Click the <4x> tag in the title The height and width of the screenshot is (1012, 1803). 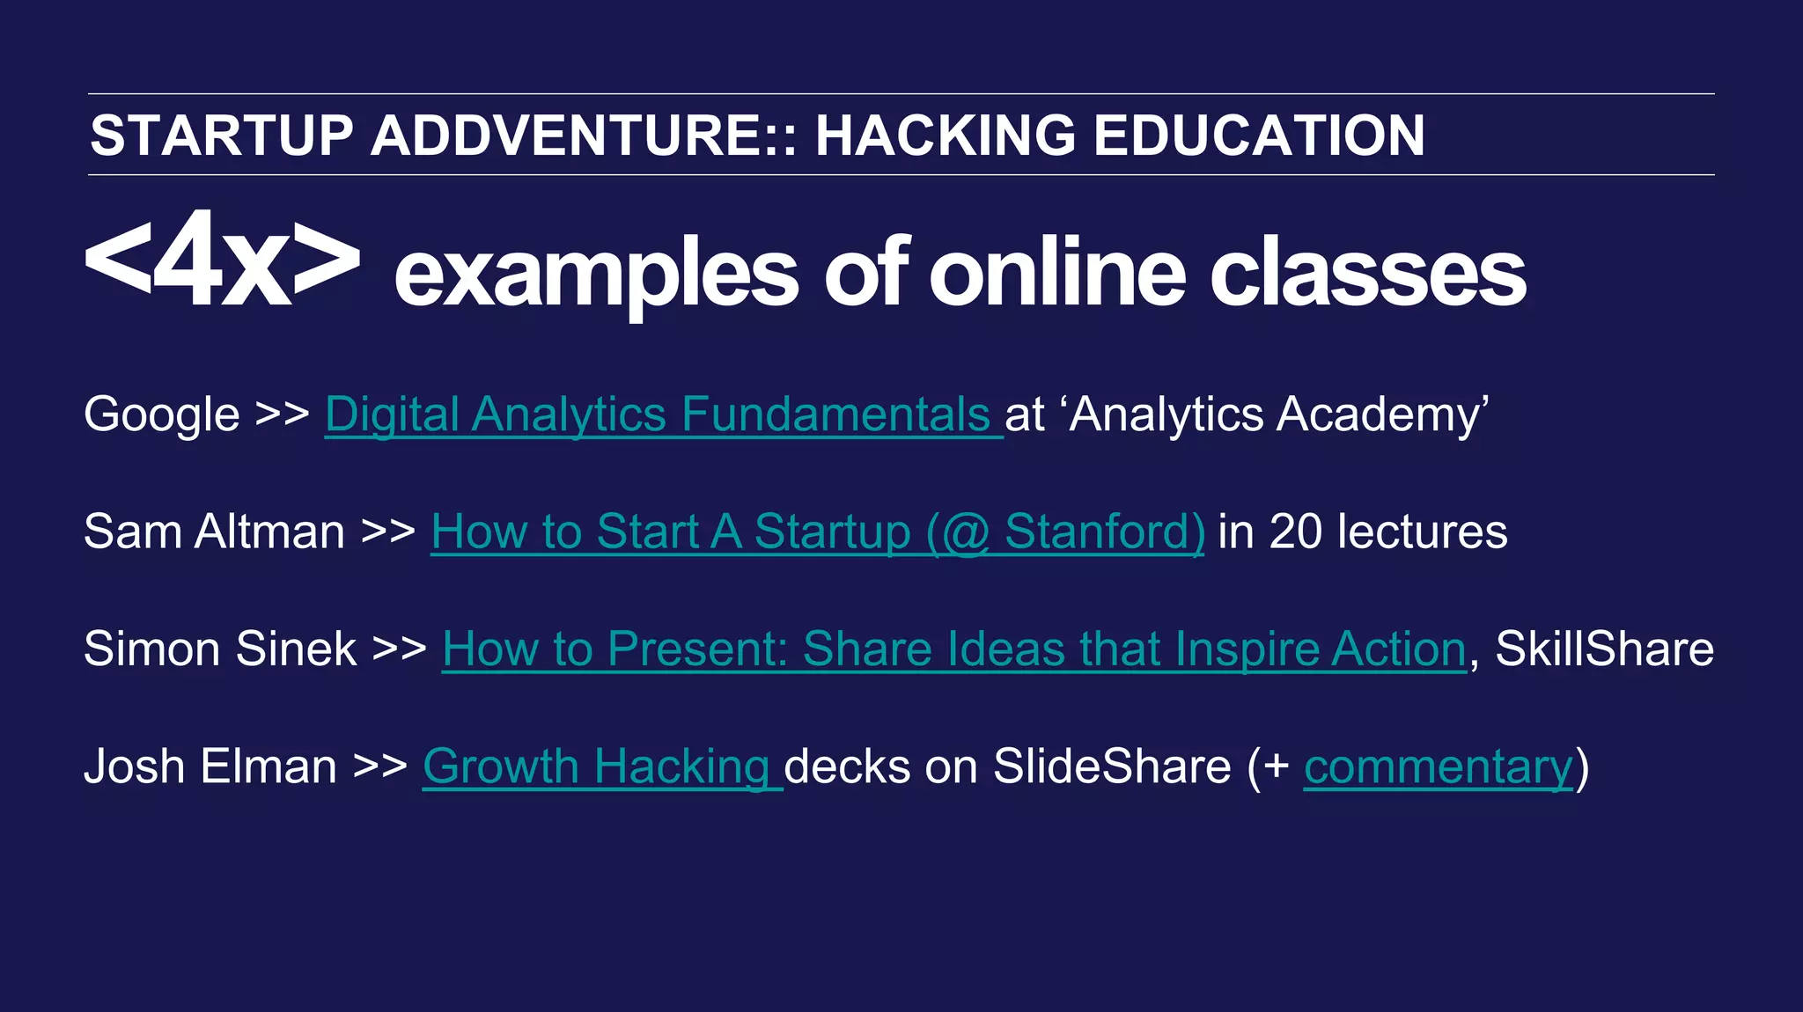[x=222, y=260]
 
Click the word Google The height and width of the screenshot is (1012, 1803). [x=161, y=414]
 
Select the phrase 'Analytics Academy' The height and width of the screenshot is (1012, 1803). [x=1278, y=414]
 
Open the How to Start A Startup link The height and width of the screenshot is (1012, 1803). [x=817, y=532]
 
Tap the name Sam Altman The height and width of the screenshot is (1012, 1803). [x=214, y=532]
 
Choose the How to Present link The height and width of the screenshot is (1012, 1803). [x=953, y=649]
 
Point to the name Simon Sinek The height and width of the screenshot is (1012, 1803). [x=220, y=649]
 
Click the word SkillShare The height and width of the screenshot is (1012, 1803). [x=1604, y=649]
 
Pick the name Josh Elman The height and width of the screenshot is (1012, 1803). [x=210, y=766]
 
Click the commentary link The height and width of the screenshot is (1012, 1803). [x=1438, y=766]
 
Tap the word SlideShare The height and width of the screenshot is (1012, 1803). [x=1112, y=766]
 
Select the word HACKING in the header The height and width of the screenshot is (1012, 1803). [x=945, y=136]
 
